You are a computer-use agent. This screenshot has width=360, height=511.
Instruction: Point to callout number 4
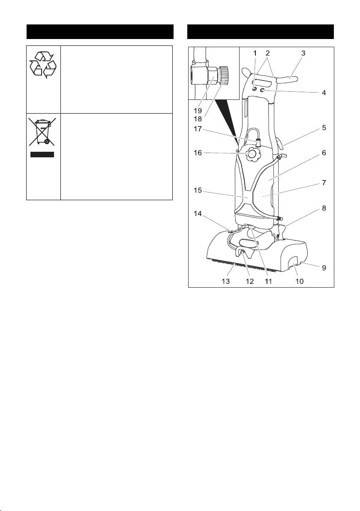pos(324,92)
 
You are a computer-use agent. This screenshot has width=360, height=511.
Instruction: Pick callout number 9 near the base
pos(324,268)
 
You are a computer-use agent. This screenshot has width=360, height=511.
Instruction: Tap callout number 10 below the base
pos(300,281)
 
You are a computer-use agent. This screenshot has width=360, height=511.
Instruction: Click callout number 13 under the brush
pos(226,281)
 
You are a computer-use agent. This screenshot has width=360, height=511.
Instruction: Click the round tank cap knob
pos(253,153)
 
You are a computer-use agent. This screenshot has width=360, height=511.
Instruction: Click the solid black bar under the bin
pos(42,154)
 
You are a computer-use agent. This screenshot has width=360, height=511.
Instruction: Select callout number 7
pos(324,183)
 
